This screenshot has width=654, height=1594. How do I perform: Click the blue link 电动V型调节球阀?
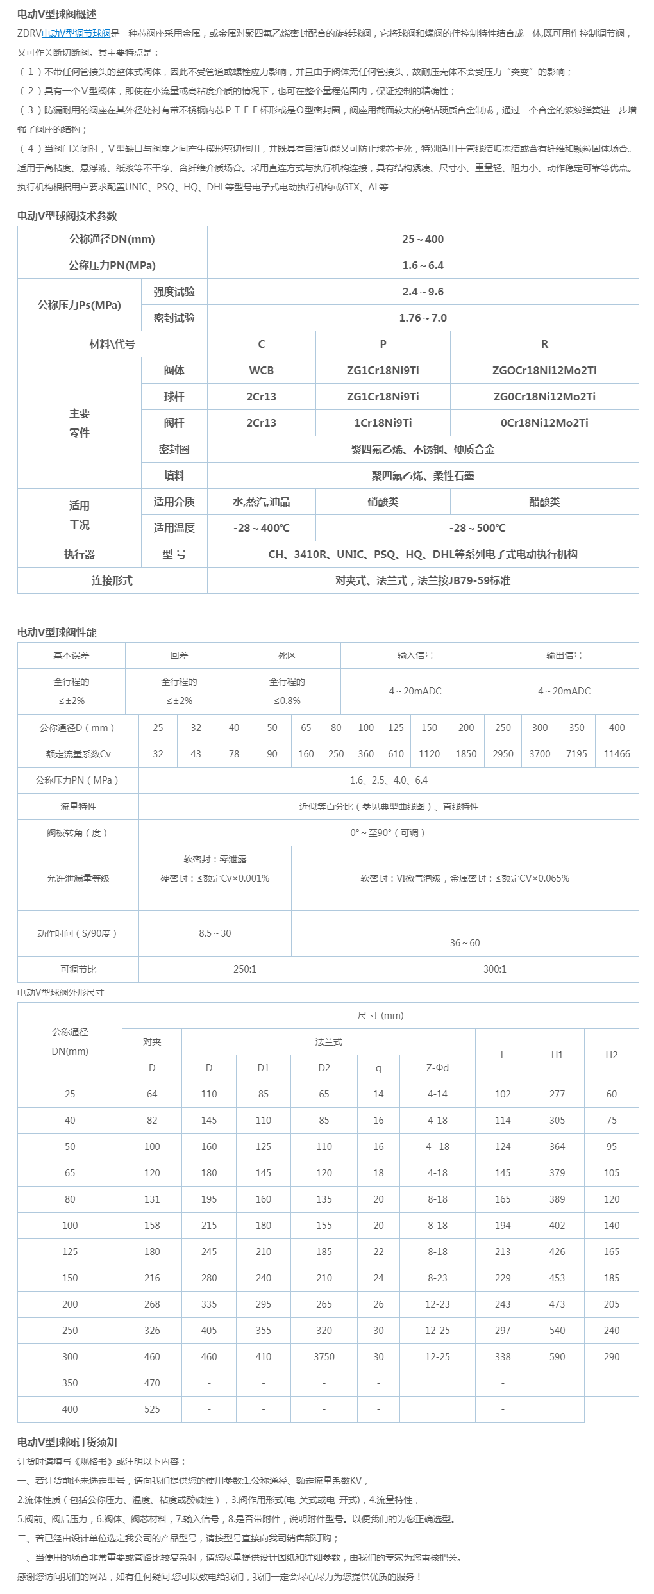tap(76, 33)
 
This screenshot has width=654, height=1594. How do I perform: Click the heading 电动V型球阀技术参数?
tap(67, 216)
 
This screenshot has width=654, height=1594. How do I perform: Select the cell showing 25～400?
tap(423, 239)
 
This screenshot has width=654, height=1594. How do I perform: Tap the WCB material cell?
tap(261, 370)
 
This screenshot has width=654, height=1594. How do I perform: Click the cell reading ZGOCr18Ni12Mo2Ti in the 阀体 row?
tap(544, 370)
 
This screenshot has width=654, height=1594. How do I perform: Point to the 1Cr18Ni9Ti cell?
tap(383, 423)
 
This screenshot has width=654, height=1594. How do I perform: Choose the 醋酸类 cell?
tap(544, 502)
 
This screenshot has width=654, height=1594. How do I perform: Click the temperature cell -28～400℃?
tap(261, 528)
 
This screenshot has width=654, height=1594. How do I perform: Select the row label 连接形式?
tap(112, 580)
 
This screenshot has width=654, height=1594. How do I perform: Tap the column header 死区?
tap(287, 655)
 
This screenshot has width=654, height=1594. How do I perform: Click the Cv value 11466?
tap(616, 754)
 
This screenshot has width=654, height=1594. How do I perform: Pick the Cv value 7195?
tap(576, 754)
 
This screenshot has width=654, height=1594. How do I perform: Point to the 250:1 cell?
tap(244, 969)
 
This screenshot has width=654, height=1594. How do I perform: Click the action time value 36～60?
tap(464, 943)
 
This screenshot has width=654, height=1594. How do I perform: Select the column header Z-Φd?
tap(437, 1068)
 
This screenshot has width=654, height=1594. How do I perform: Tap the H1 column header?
tap(557, 1055)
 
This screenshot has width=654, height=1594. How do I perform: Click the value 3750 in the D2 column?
tap(324, 1357)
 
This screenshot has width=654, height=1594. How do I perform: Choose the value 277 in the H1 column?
tap(557, 1094)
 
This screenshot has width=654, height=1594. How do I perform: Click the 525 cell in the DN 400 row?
tap(152, 1409)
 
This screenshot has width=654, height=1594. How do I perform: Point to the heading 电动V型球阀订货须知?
tap(67, 1442)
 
